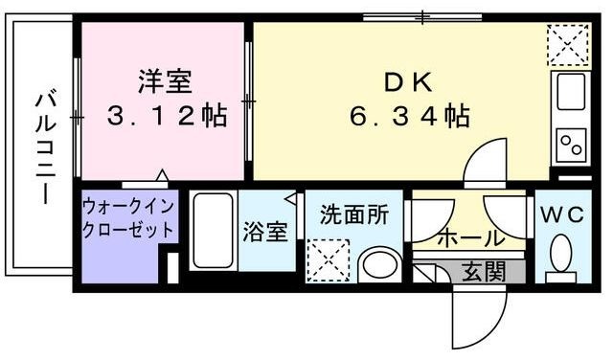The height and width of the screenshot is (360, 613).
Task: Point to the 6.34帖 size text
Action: (409, 117)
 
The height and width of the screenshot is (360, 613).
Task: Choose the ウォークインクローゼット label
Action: (127, 218)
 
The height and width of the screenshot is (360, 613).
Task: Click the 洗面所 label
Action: (354, 214)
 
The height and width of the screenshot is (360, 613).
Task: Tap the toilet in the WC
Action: (561, 256)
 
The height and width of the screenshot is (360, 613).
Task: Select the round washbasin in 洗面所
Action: (380, 264)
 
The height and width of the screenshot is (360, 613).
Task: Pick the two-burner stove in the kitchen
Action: (572, 146)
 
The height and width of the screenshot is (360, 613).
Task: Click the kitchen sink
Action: (571, 94)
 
